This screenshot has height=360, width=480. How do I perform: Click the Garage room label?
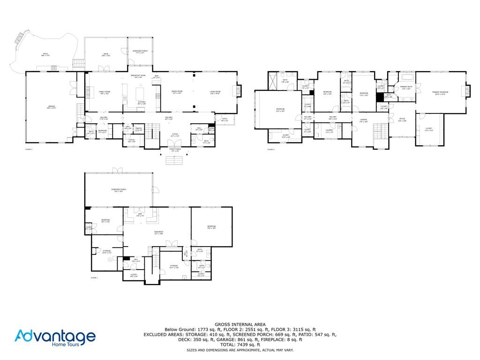coord(52,107)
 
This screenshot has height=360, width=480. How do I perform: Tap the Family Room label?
coord(104,93)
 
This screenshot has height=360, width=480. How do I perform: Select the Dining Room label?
coord(177,92)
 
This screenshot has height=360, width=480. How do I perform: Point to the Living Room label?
coord(215,92)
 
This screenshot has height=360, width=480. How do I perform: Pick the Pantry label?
coord(139,128)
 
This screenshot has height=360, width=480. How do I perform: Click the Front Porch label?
coord(174,150)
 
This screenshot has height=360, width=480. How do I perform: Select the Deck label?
coord(106,54)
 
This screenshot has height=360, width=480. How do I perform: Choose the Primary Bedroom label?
coord(440,93)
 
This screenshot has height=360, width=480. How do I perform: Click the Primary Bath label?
coord(406,87)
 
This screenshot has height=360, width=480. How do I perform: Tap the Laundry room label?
coord(330,131)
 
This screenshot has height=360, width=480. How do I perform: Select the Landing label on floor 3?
coord(364,120)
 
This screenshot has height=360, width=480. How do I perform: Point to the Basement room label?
coord(158,232)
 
